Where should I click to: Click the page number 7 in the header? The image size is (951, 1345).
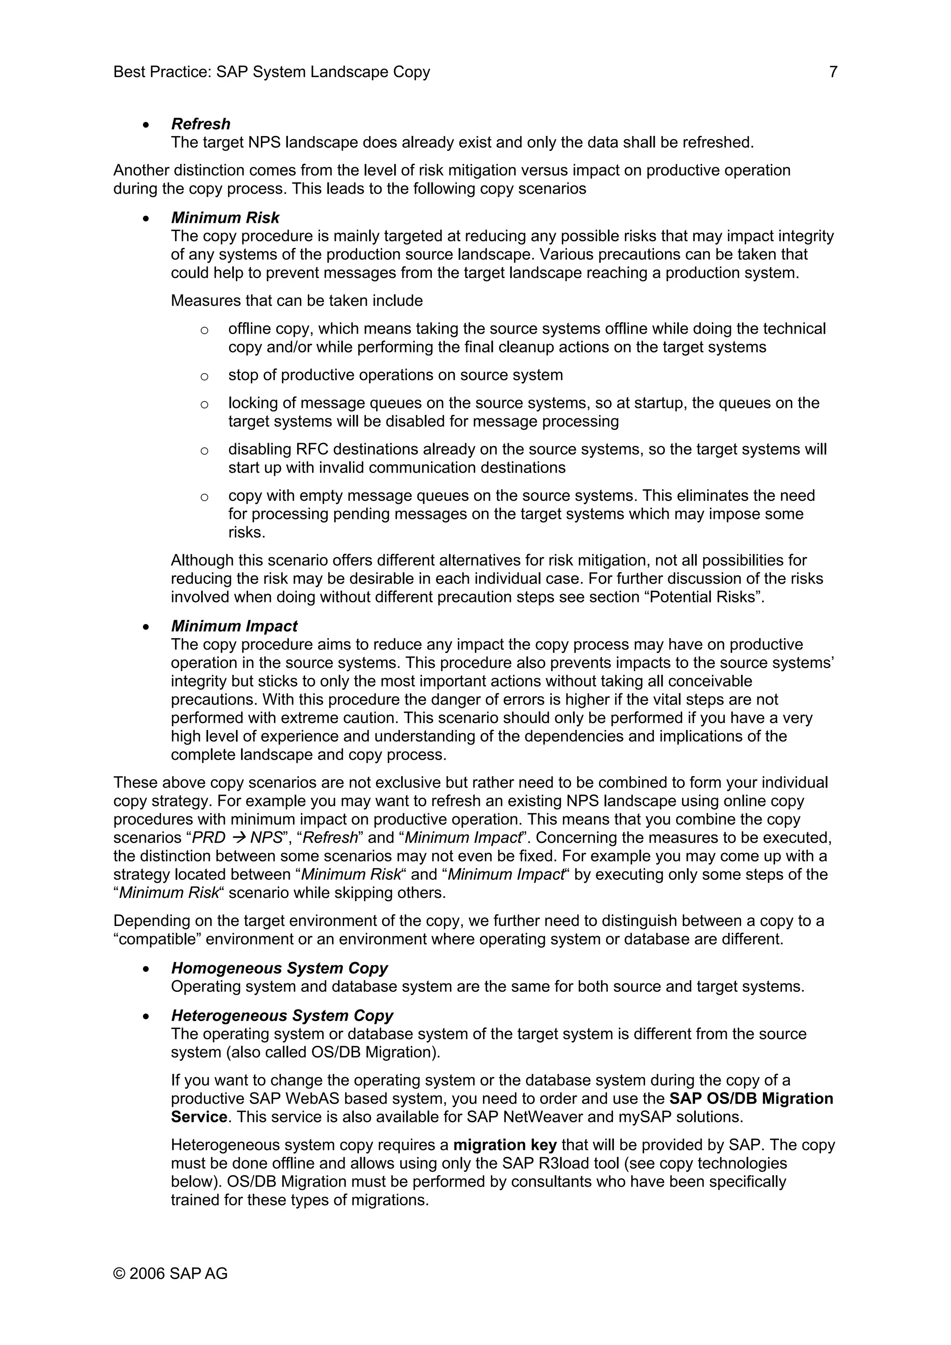point(833,72)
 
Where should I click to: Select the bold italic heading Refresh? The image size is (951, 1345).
point(201,124)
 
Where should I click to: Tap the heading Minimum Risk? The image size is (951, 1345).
point(225,218)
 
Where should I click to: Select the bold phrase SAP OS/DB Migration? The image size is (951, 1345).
point(750,1099)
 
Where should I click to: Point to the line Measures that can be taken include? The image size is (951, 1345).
point(297,301)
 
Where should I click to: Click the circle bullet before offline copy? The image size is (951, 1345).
point(204,330)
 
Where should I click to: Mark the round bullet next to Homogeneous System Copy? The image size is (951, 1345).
point(146,970)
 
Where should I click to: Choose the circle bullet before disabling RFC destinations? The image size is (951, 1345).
point(204,451)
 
